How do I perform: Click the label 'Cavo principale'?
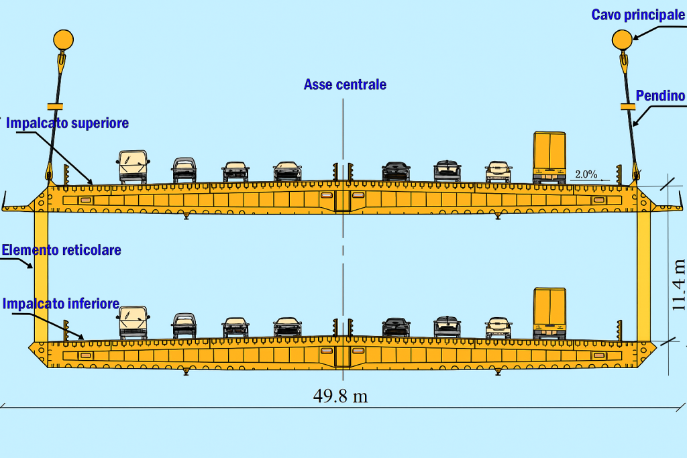(637, 15)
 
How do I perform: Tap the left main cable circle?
(63, 40)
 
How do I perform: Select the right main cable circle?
(622, 40)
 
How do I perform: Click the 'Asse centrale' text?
(345, 84)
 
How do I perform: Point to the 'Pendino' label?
(660, 96)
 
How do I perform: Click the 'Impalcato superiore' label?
(67, 123)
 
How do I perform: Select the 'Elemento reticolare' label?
(61, 250)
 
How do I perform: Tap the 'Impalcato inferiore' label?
(61, 303)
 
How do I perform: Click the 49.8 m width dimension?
(340, 396)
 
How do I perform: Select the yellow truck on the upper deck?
(549, 158)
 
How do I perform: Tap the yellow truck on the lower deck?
(549, 313)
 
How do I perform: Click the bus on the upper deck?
(133, 167)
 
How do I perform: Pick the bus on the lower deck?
(133, 322)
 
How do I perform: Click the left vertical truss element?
(41, 275)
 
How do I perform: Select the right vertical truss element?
(644, 275)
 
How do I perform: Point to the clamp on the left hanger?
(54, 106)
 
